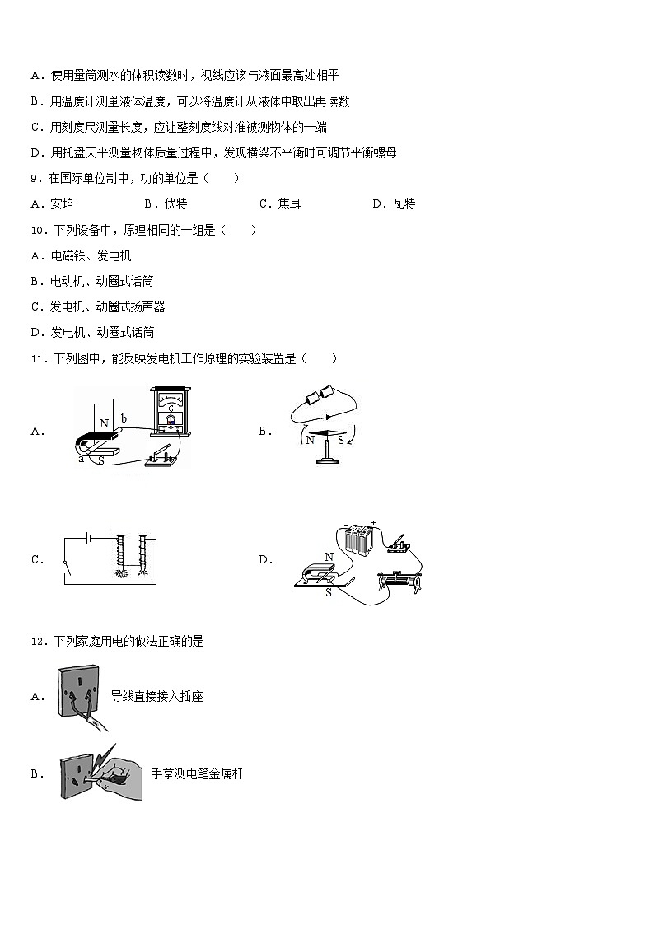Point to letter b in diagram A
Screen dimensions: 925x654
coord(124,418)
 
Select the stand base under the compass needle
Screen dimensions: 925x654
coord(326,460)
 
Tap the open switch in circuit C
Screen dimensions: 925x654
coord(65,565)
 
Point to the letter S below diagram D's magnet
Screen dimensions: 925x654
coord(328,592)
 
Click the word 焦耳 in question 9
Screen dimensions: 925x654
coord(289,204)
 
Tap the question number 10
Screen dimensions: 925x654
coord(37,230)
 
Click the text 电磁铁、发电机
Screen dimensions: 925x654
coord(91,256)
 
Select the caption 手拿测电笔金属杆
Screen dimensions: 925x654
coord(197,773)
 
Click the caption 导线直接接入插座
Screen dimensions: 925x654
coord(156,697)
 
